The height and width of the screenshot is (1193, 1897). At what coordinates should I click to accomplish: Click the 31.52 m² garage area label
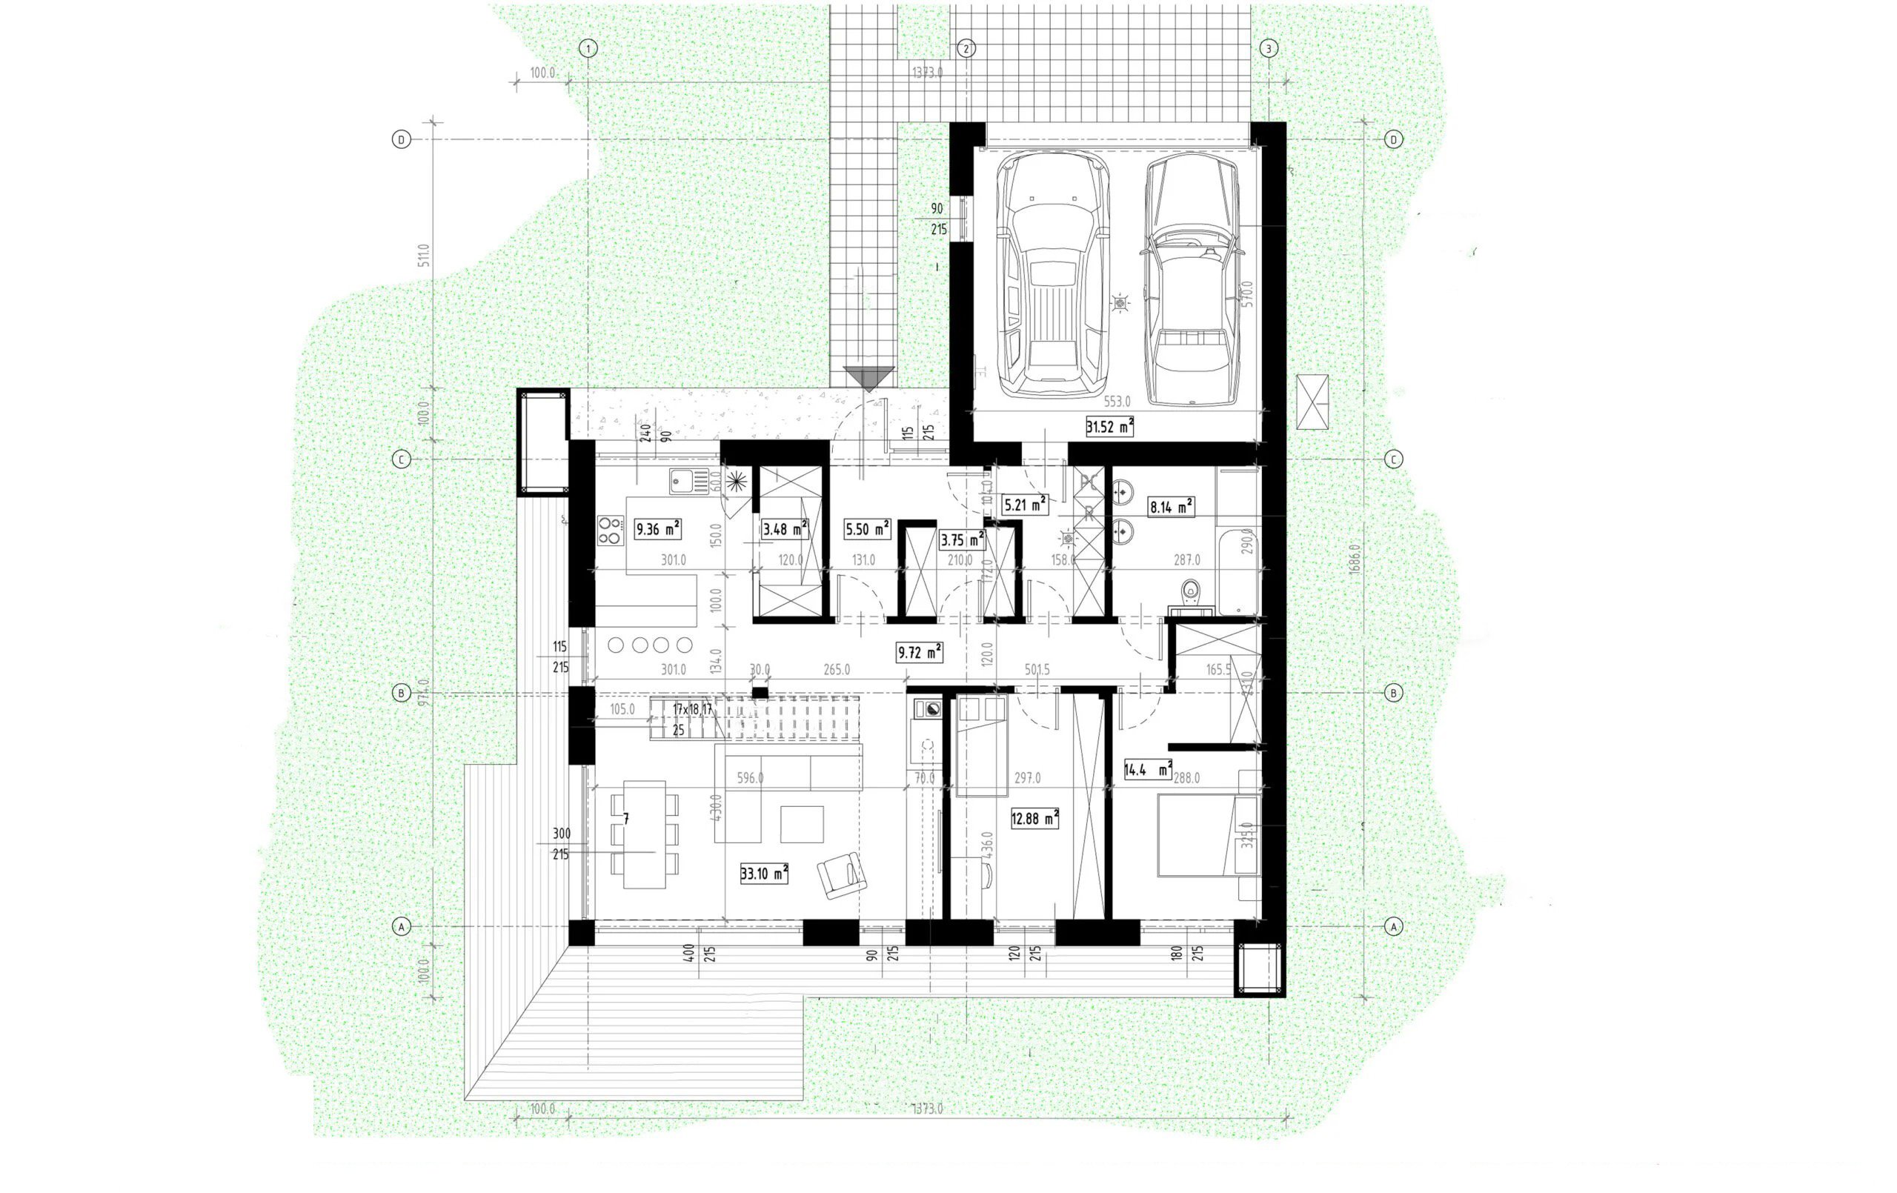pos(1109,427)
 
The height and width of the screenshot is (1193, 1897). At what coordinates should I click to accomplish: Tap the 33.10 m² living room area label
pos(763,873)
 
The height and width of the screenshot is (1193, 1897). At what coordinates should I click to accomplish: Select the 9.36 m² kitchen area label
pos(657,529)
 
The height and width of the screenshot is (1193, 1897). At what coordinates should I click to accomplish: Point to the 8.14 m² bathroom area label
pos(1172,507)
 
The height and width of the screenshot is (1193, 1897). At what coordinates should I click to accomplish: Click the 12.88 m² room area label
pos(1034,819)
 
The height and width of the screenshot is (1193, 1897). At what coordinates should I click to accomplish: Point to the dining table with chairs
pos(644,834)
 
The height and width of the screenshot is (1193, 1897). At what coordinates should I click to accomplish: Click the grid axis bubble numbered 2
pos(966,49)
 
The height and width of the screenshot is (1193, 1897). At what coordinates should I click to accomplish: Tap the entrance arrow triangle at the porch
pos(868,378)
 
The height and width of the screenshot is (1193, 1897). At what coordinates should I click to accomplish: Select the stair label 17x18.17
pos(692,709)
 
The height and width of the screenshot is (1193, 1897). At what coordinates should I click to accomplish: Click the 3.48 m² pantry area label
pos(785,529)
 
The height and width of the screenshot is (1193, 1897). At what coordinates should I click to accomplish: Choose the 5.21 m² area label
pos(1024,504)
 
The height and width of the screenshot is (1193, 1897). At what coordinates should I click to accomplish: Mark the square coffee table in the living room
pos(802,824)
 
